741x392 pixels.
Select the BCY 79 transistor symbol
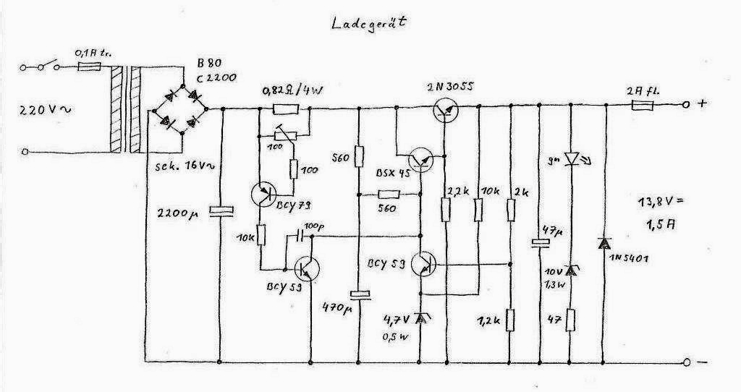coord(264,194)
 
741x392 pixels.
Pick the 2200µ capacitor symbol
coord(221,211)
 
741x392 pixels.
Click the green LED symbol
coord(572,158)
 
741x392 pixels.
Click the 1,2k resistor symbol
coord(512,319)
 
